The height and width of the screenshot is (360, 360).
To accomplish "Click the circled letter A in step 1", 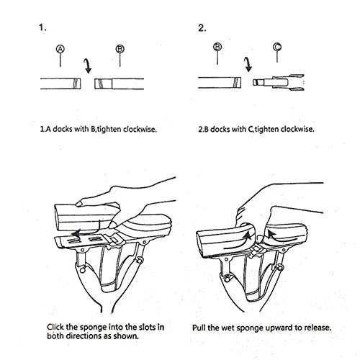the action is click(60, 49).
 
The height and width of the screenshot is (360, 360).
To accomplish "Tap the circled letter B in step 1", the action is click(120, 49).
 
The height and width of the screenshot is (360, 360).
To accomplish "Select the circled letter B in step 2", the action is click(217, 47).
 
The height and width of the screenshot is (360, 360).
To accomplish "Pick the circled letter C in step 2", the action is click(277, 47).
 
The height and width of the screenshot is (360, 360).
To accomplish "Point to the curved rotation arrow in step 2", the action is click(248, 64).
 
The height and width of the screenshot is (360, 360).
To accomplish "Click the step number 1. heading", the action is click(42, 27).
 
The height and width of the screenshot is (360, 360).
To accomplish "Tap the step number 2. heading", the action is click(202, 28).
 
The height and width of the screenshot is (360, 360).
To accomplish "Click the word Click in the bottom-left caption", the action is click(55, 327).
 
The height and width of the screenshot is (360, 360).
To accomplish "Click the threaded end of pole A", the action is click(76, 84).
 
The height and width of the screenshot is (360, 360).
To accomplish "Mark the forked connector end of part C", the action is click(297, 83).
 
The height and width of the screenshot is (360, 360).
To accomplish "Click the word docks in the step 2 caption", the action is click(220, 130).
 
